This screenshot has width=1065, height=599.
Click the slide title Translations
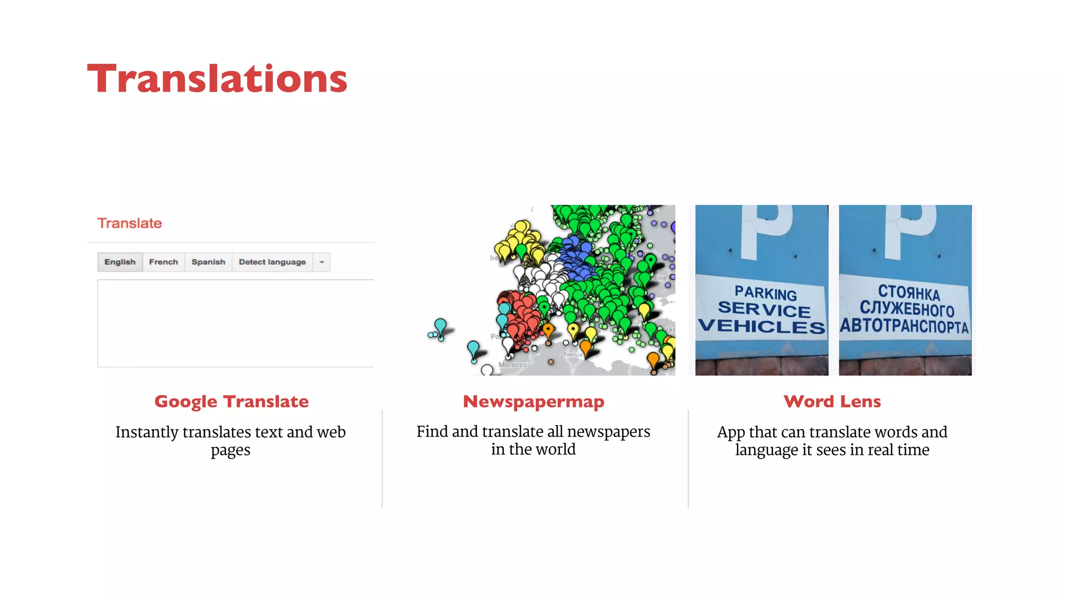coord(217,79)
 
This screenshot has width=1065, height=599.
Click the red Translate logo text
coord(129,223)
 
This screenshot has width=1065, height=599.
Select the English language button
coord(120,262)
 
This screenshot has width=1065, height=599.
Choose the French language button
coord(163,262)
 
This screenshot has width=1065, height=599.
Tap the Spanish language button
coord(208,262)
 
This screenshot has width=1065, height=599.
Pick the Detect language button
coord(272,262)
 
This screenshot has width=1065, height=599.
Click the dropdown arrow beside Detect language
coord(322,262)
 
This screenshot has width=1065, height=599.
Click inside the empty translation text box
coord(235,323)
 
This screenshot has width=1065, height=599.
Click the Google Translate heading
coord(231,401)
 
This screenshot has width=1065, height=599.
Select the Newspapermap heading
coord(534,401)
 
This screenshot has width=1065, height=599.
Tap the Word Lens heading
coord(832,401)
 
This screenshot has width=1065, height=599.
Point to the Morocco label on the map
coord(513,365)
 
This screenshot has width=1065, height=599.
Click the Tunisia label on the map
coord(573,355)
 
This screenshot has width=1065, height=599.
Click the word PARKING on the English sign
coord(765,293)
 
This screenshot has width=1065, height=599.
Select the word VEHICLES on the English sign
coord(761,327)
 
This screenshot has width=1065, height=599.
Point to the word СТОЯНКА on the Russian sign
coord(909,293)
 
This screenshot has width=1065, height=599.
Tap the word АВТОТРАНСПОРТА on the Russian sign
coord(905,326)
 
